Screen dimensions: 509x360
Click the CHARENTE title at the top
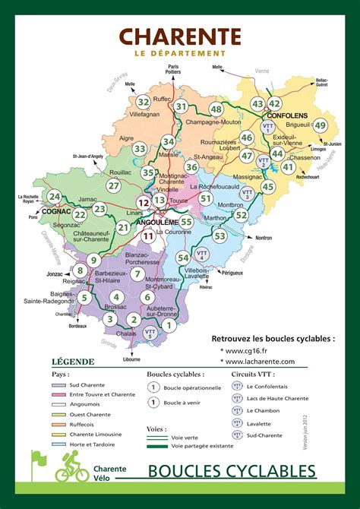[x=180, y=36]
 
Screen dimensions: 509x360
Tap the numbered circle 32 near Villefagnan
[x=143, y=102]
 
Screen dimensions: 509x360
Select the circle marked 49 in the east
[x=321, y=126]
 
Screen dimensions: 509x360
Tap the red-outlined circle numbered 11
[x=149, y=236]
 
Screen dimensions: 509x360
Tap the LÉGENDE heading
[x=73, y=362]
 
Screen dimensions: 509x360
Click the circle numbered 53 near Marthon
[x=219, y=236]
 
